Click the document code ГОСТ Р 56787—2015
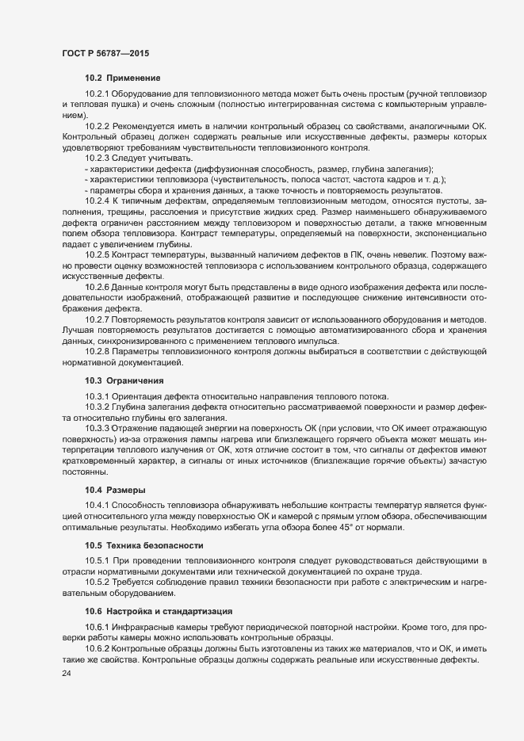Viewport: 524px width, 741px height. [105, 52]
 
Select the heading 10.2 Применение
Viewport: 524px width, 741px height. [123, 78]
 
